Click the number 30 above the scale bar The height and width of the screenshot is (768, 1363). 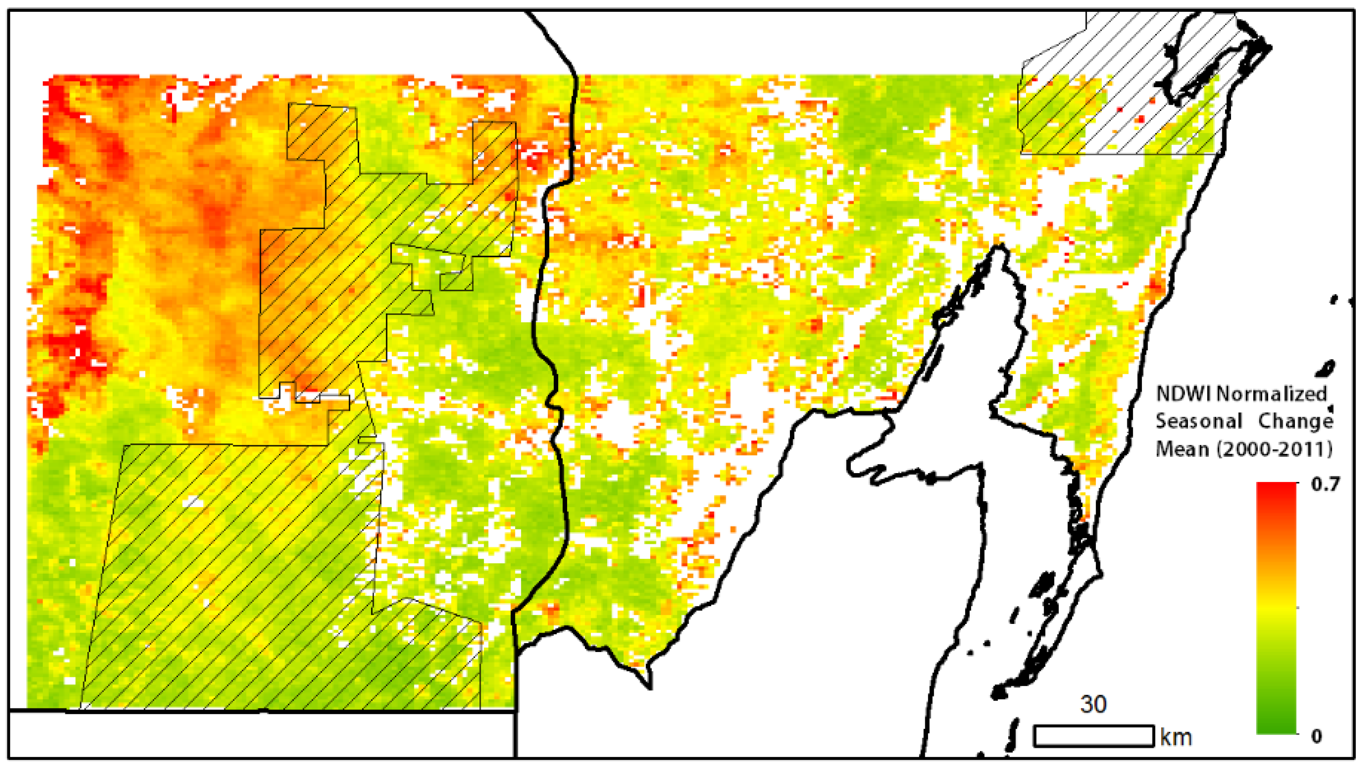(1093, 704)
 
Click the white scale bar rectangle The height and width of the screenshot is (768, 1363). (1094, 736)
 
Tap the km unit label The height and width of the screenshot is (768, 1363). (1176, 737)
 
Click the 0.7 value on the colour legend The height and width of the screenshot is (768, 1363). (1326, 484)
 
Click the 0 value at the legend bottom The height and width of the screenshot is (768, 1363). (1316, 736)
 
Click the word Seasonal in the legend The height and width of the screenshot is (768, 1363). (1198, 422)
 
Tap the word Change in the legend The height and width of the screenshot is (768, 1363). (1295, 422)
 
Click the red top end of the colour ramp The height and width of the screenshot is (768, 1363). (1276, 489)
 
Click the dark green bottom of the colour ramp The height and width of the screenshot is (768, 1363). (1276, 727)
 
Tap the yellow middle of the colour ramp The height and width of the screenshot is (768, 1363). (1276, 608)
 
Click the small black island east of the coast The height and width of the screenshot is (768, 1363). (1328, 368)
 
